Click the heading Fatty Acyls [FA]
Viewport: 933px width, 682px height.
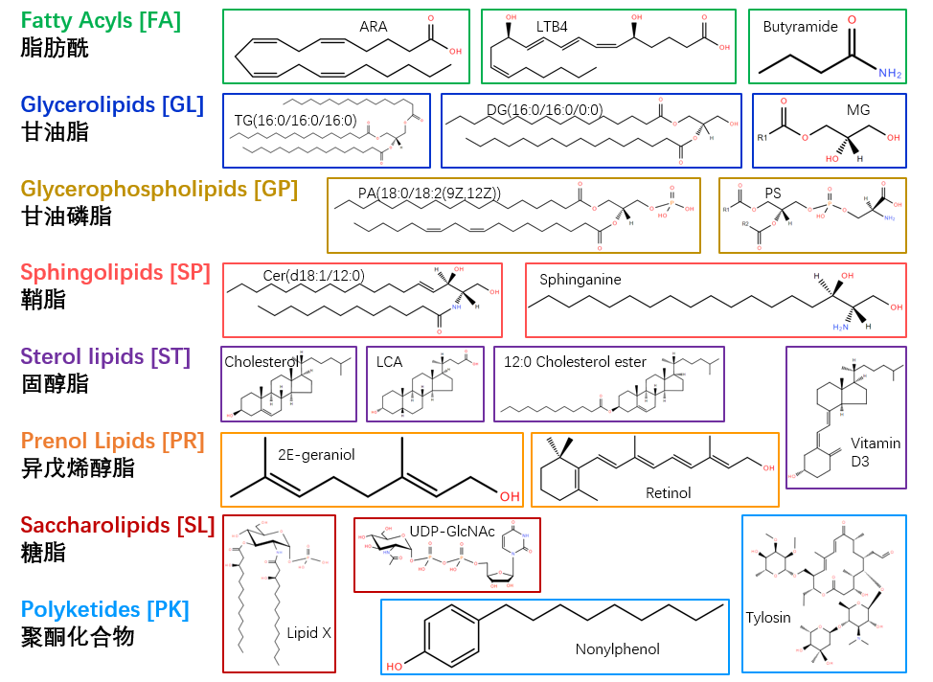pyautogui.click(x=101, y=19)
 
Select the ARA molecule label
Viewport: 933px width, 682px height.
pyautogui.click(x=374, y=27)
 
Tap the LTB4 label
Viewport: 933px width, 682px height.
pyautogui.click(x=552, y=27)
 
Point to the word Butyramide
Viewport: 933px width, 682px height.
pyautogui.click(x=801, y=27)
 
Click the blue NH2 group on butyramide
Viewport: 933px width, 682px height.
pyautogui.click(x=890, y=73)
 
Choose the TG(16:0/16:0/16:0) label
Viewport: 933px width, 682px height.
pyautogui.click(x=295, y=121)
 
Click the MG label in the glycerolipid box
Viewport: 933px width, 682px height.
pyautogui.click(x=858, y=110)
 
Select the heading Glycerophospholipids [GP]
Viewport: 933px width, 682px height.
pyautogui.click(x=159, y=189)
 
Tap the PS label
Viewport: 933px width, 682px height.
pyautogui.click(x=773, y=193)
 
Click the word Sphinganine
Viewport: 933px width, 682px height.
pyautogui.click(x=580, y=280)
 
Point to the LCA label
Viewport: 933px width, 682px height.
pyautogui.click(x=390, y=362)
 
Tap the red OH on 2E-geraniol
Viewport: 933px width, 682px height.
pyautogui.click(x=510, y=496)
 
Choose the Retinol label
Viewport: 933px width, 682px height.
pyautogui.click(x=668, y=493)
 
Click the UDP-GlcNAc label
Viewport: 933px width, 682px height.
pyautogui.click(x=452, y=531)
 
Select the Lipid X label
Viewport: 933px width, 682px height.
pyautogui.click(x=308, y=633)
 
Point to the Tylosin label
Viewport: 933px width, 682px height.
pyautogui.click(x=768, y=618)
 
